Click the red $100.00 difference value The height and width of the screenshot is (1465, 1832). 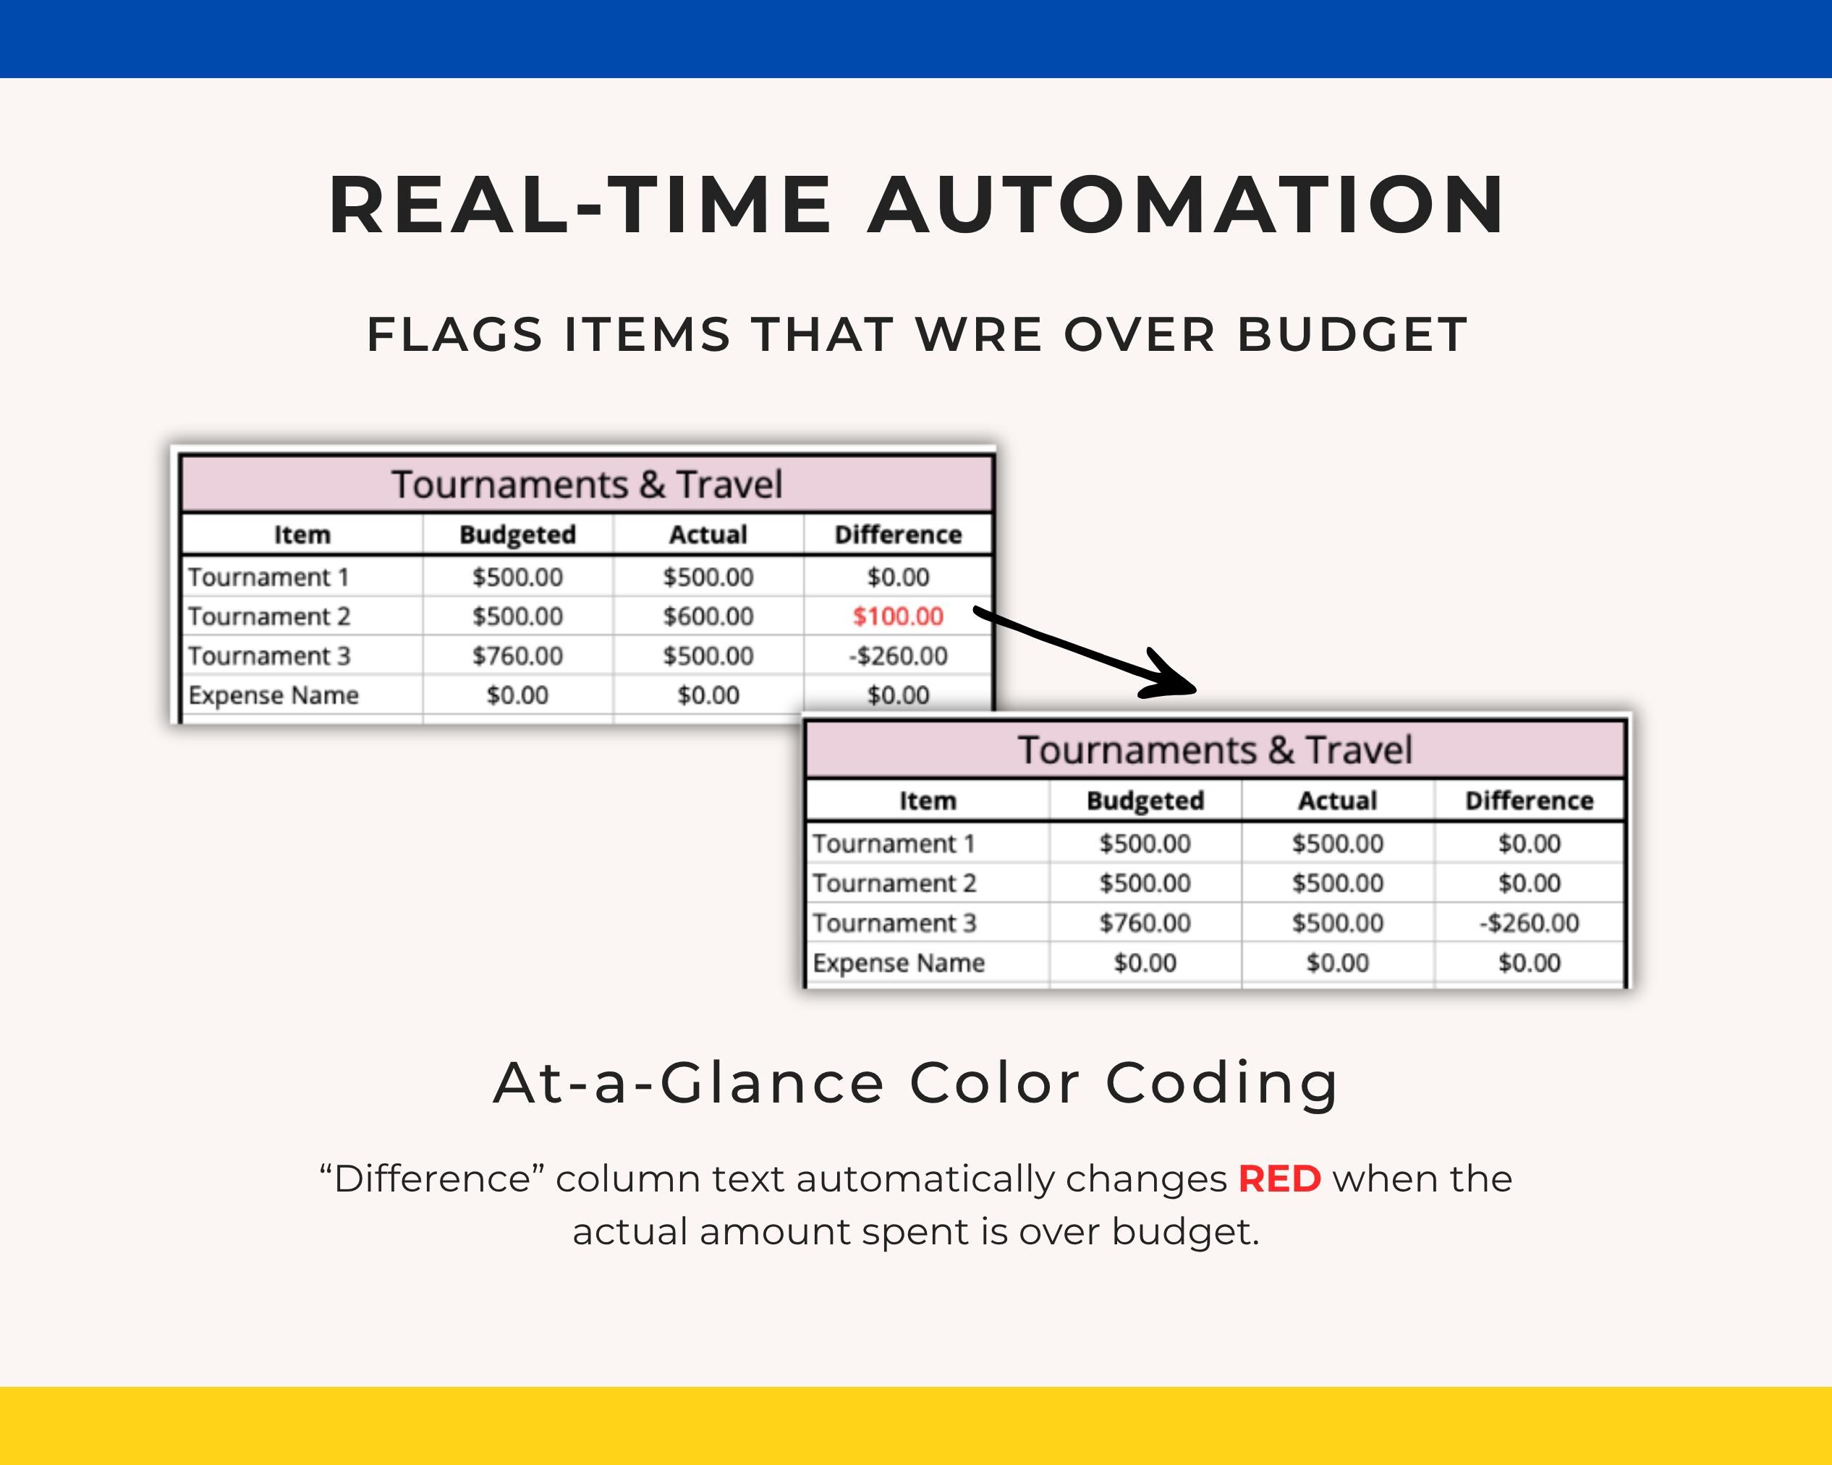[x=898, y=616]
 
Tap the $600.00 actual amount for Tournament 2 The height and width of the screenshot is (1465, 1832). [x=708, y=616]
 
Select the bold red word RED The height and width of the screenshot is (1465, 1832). [x=1280, y=1179]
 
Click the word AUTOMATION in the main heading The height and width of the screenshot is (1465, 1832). [x=1187, y=205]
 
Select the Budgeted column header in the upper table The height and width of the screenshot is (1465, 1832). [x=517, y=535]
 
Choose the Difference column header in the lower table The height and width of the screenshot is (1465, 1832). [x=1529, y=800]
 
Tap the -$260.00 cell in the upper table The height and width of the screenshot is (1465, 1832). [x=898, y=656]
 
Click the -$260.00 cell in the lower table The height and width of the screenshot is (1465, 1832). [x=1529, y=923]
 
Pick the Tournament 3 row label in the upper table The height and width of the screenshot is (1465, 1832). [x=268, y=656]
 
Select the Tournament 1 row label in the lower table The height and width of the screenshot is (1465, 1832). [x=893, y=844]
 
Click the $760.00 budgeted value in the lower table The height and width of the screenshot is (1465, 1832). [x=1145, y=923]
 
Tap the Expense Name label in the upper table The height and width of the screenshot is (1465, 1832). [x=273, y=695]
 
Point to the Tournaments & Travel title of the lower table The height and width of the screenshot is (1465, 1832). [x=1215, y=750]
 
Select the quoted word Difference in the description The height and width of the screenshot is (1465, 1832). [x=432, y=1179]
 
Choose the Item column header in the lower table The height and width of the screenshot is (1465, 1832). [x=927, y=800]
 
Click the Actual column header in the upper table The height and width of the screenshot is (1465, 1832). [x=708, y=535]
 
